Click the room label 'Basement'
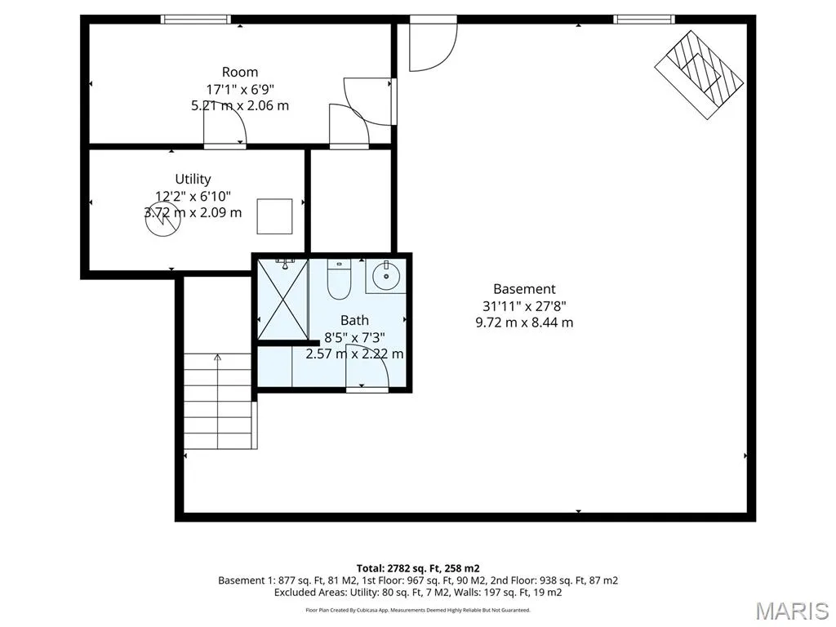(524, 289)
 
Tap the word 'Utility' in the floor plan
(193, 179)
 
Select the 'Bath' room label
(354, 320)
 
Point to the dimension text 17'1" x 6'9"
(241, 88)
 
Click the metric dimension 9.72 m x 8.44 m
(524, 322)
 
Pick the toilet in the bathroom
(338, 279)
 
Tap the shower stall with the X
(283, 299)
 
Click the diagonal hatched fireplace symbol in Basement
(699, 74)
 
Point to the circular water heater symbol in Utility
(163, 220)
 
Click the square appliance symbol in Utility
(274, 216)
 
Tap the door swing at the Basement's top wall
(434, 44)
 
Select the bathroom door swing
(367, 368)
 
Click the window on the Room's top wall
(196, 20)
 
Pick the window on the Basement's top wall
(644, 20)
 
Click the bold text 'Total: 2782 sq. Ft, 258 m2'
(418, 568)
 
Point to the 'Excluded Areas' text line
(418, 593)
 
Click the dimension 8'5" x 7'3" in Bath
(354, 337)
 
